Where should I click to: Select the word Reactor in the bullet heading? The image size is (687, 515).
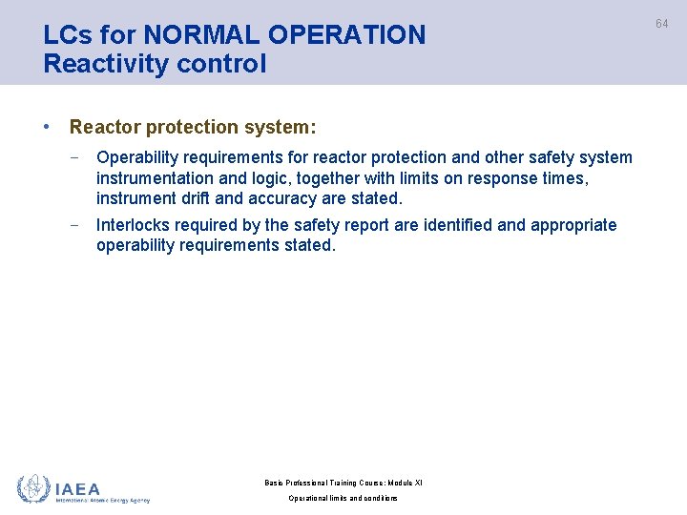(103, 127)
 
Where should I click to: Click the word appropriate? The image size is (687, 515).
(573, 225)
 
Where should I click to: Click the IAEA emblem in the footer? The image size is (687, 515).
(32, 488)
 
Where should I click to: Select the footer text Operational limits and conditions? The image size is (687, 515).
(343, 499)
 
